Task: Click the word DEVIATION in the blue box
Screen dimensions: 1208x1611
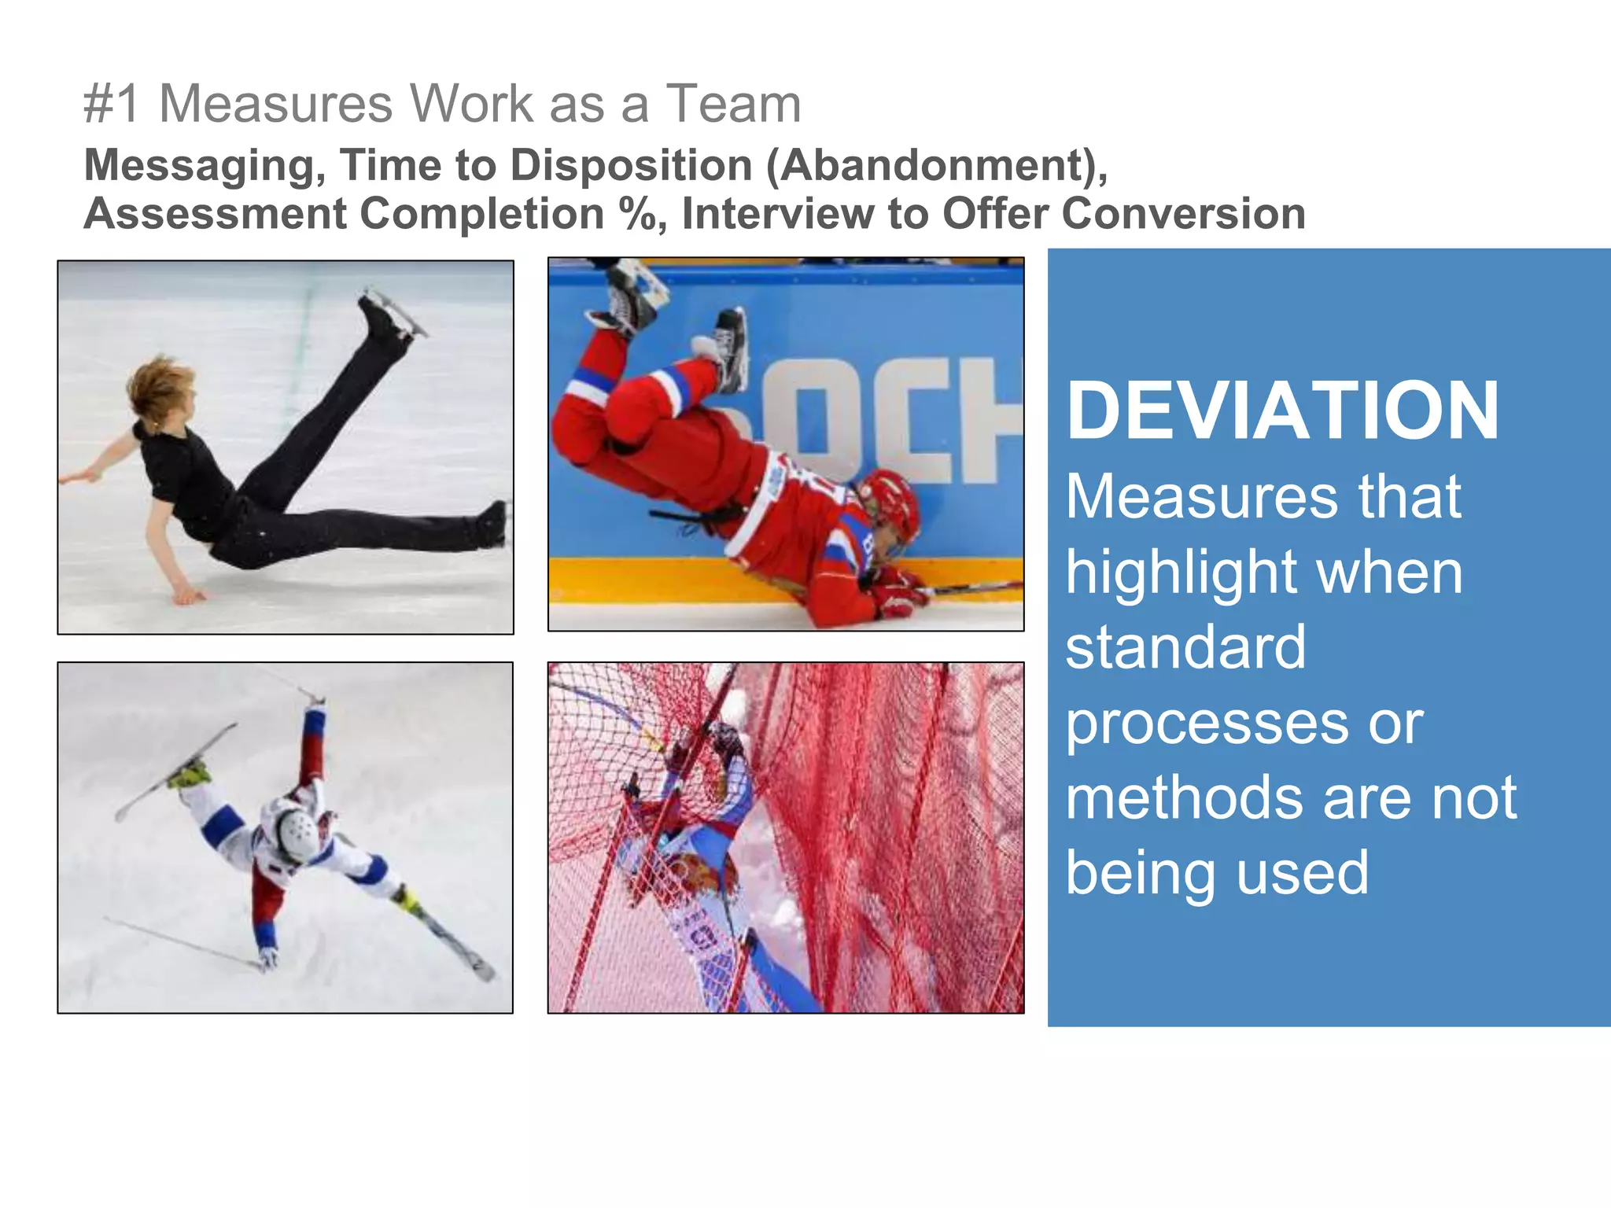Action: tap(1282, 411)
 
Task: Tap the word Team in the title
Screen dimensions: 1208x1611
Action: tap(733, 104)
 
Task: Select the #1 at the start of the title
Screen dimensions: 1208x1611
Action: tap(112, 104)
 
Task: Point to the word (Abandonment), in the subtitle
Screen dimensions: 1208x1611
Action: tap(936, 167)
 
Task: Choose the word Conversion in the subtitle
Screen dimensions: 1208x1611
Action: tap(1183, 214)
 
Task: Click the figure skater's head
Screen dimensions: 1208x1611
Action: tap(161, 390)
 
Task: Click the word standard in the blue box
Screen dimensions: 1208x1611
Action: tap(1185, 647)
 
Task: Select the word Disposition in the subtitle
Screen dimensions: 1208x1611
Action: tap(632, 167)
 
